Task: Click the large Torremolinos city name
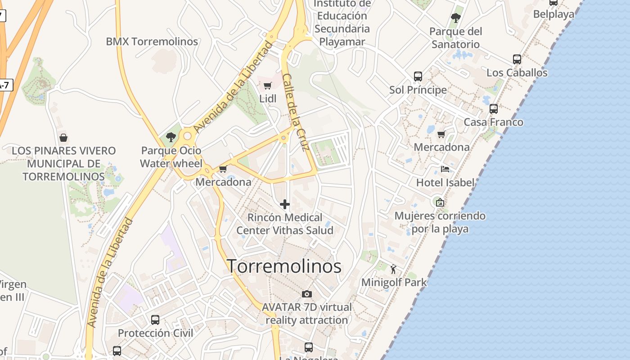coord(284,266)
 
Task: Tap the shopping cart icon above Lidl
coord(267,85)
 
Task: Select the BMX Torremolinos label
coord(152,41)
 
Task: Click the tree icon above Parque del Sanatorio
coord(455,18)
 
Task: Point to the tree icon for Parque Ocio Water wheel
coord(171,137)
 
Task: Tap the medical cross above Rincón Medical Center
coord(285,205)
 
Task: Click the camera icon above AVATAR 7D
coord(307,294)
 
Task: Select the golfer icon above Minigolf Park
coord(394,269)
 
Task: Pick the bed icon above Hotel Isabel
coord(445,169)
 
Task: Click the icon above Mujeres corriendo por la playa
coord(440,202)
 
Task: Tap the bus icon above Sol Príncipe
coord(418,76)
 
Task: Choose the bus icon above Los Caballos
coord(517,59)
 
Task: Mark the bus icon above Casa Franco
coord(494,109)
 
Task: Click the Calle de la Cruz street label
coord(295,112)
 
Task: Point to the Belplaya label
coord(553,14)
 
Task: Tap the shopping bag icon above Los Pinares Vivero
coord(63,137)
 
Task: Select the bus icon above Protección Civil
coord(155,320)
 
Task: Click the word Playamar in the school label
coord(342,42)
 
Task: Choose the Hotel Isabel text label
coord(445,182)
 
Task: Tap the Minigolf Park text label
coord(394,283)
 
